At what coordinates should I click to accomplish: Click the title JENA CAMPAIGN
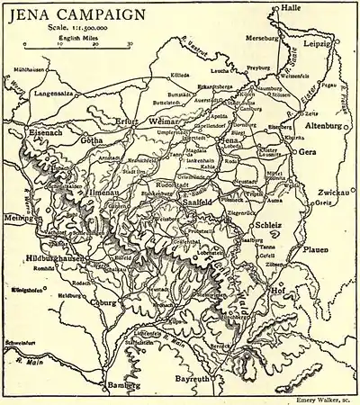pos(76,14)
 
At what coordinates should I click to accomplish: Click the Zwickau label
pos(333,193)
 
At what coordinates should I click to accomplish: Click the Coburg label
pos(106,303)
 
